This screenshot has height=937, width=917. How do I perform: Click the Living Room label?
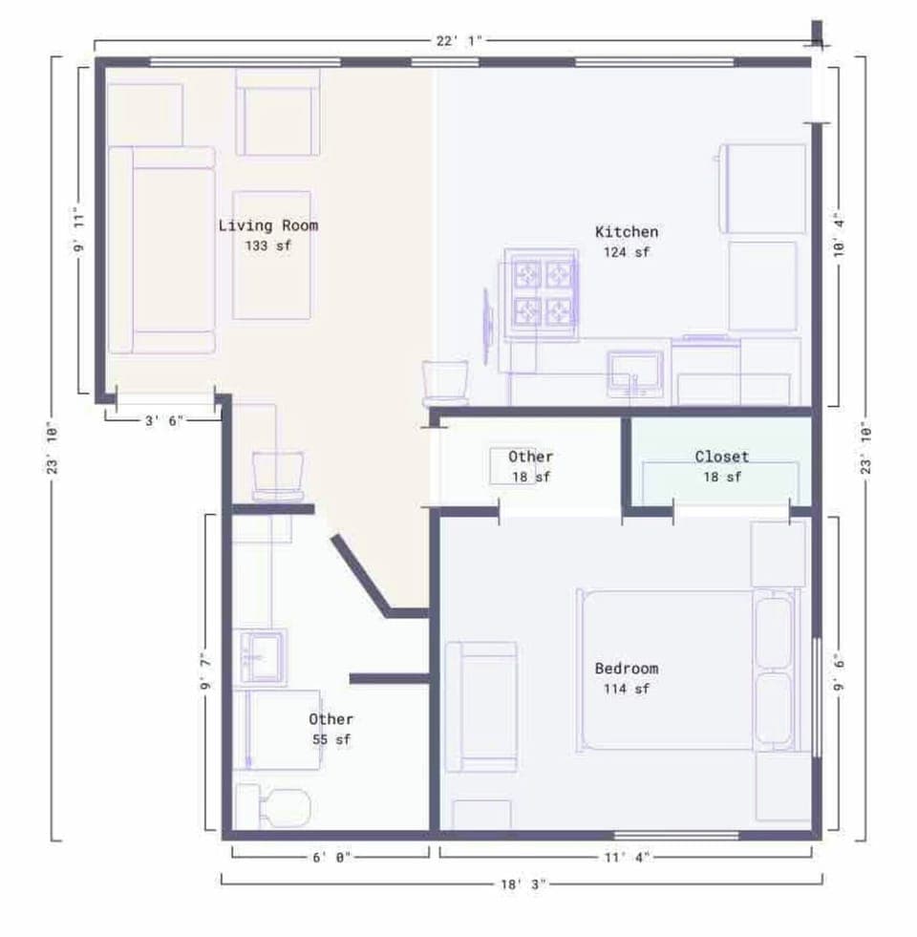(267, 226)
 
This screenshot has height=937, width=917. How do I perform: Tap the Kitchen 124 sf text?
(626, 242)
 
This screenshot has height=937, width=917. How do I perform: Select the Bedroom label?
(626, 677)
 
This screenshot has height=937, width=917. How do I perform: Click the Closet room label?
(721, 458)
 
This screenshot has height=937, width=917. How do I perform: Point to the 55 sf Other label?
(331, 729)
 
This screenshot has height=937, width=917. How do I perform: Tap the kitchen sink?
(635, 373)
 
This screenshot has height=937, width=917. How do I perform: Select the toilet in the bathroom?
(276, 807)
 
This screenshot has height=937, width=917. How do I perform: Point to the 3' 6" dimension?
(164, 418)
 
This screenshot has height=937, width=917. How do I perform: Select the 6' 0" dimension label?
(331, 857)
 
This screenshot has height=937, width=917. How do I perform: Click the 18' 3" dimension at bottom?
(522, 884)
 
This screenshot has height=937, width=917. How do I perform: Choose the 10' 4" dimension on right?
(839, 234)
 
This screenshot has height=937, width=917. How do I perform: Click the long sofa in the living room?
(160, 250)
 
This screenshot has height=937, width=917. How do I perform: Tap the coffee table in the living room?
(271, 255)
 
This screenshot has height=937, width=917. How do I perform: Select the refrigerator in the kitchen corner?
(762, 188)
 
